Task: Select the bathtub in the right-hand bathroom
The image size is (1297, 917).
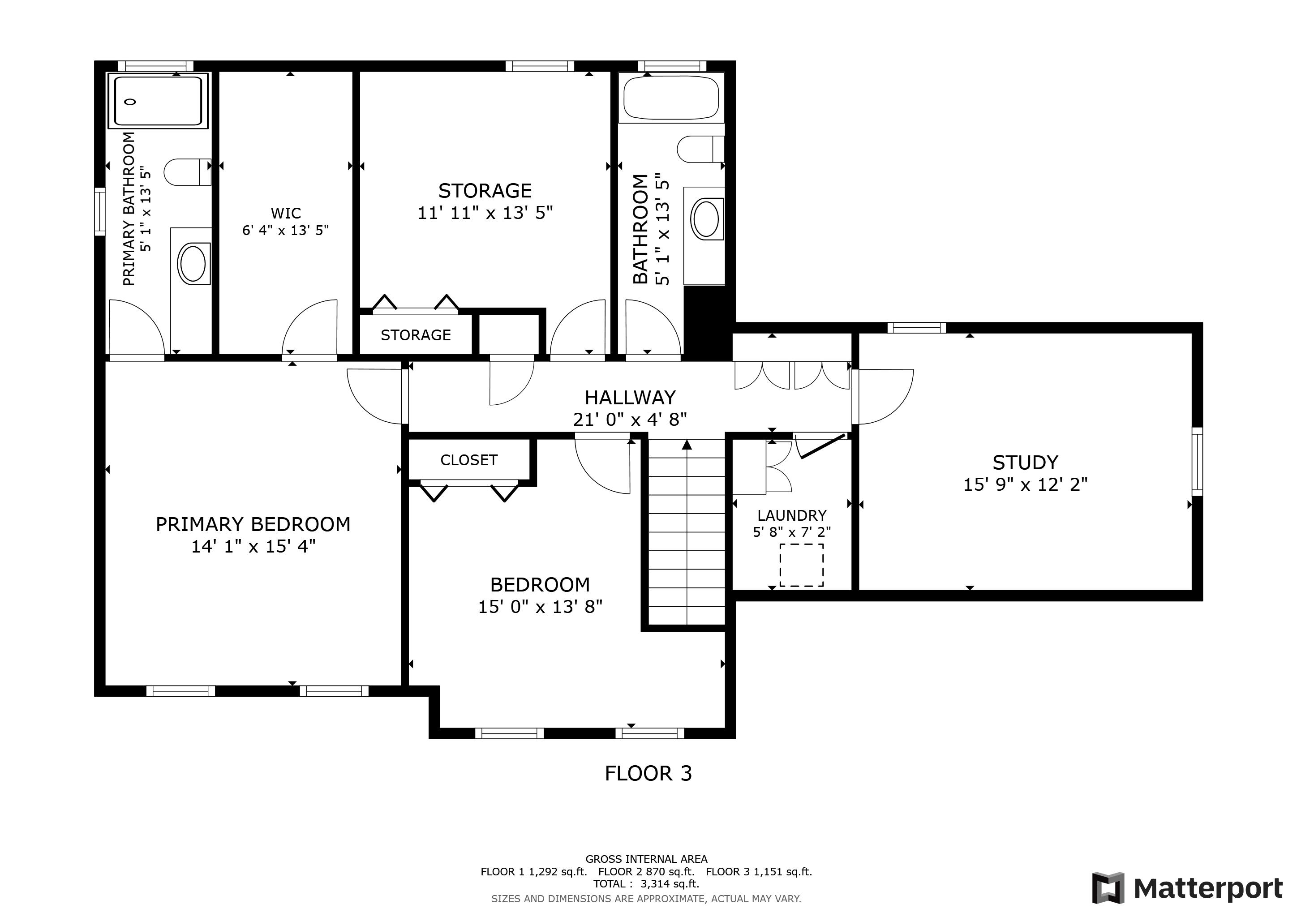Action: coord(671,98)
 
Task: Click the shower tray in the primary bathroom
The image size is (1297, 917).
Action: coord(158,101)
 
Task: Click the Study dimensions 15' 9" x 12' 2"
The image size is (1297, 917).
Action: coord(1025,484)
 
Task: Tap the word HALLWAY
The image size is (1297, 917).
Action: coord(630,398)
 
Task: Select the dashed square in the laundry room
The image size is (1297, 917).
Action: coord(802,565)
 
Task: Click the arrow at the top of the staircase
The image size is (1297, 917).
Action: coord(687,445)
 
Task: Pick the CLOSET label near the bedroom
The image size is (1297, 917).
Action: coord(469,460)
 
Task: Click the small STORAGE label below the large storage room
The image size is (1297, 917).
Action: coord(416,335)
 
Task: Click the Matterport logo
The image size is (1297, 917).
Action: coord(1187,888)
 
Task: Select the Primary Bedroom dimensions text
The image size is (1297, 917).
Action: coord(253,547)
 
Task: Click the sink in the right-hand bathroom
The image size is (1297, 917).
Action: coord(705,219)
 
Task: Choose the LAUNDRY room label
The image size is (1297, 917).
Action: coord(791,515)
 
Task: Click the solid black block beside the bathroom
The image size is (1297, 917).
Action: coord(706,322)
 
